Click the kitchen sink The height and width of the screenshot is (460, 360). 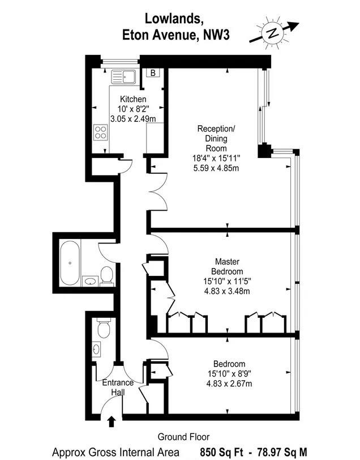123,77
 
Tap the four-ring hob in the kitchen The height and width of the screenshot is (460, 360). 101,132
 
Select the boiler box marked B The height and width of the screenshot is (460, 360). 153,73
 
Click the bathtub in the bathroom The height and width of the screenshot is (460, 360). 70,263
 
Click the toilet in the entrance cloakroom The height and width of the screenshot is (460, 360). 104,329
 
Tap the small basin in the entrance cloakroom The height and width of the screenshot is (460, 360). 96,349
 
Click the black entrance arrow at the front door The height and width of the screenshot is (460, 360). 111,421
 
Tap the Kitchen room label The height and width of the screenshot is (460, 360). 133,99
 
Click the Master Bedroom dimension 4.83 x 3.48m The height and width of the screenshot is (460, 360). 227,291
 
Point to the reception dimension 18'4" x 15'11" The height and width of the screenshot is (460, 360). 216,158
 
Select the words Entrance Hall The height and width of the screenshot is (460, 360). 118,387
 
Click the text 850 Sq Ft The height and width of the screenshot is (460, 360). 221,452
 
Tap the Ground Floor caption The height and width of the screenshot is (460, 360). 183,437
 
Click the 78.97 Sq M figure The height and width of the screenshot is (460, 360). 282,452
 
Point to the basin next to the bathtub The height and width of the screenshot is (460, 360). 91,282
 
